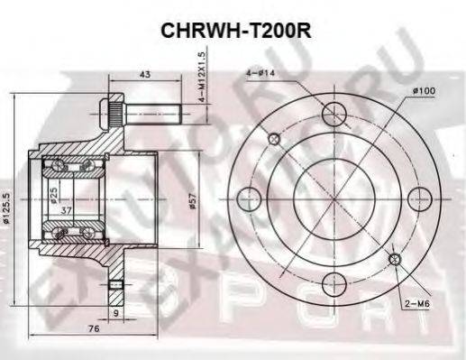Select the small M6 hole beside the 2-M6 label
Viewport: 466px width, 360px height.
click(x=395, y=260)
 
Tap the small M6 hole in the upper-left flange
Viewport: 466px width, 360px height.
click(x=276, y=138)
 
